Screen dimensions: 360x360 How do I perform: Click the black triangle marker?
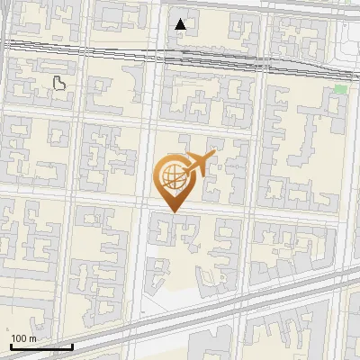coord(181,23)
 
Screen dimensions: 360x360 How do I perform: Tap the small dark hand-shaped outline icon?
coord(60,85)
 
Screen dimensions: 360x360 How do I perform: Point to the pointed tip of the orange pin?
coord(171,211)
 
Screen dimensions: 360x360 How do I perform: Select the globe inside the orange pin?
coord(170,177)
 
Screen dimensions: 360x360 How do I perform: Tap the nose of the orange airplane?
coord(212,155)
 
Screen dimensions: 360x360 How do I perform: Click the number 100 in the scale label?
coord(18,338)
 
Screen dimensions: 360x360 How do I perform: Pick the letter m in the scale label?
coord(32,338)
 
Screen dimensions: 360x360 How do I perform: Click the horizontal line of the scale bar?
coord(40,346)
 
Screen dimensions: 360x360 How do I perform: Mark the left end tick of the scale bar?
coord(10,345)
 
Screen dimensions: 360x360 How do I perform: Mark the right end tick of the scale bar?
coord(72,345)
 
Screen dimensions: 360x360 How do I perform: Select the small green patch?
coord(340,89)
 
